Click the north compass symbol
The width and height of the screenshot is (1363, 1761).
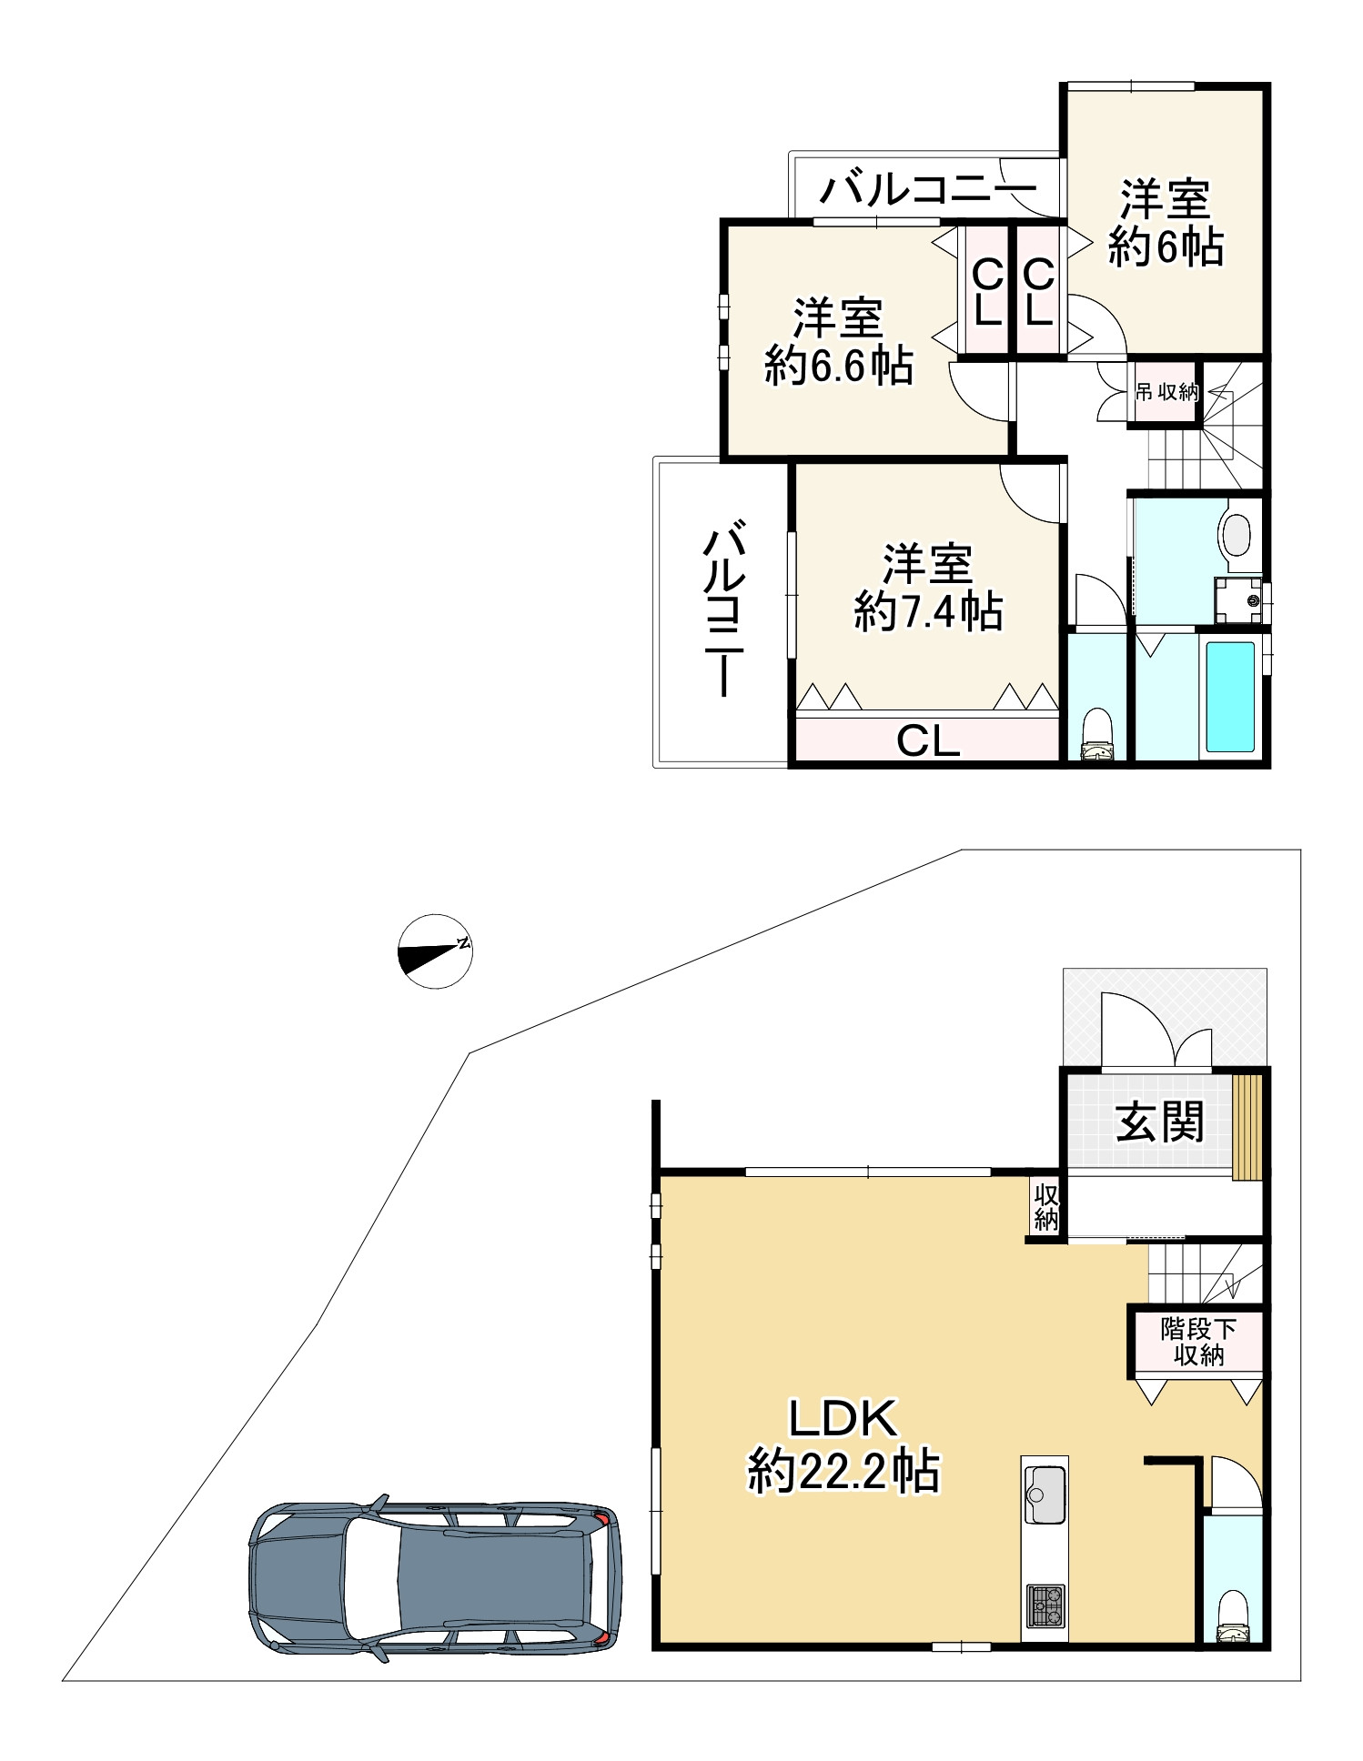tap(435, 951)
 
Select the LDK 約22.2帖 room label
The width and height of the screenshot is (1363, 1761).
tap(843, 1446)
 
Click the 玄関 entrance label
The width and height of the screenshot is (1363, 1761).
tap(1160, 1122)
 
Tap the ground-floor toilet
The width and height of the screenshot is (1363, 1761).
tap(1233, 1616)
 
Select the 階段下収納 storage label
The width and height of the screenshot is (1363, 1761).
tap(1198, 1342)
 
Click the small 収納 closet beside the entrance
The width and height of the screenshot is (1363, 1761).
tap(1045, 1206)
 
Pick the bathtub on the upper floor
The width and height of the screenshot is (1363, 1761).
tap(1231, 696)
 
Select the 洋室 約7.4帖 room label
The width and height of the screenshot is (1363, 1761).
tap(928, 588)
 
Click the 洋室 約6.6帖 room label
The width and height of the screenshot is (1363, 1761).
tap(838, 342)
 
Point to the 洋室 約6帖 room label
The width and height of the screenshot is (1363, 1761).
tap(1166, 224)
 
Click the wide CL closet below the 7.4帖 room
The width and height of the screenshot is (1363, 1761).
tap(928, 740)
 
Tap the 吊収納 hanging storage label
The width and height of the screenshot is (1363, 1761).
tap(1166, 393)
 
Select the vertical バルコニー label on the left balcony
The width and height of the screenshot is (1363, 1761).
tap(724, 608)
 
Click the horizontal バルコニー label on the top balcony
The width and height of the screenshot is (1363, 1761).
tap(927, 189)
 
